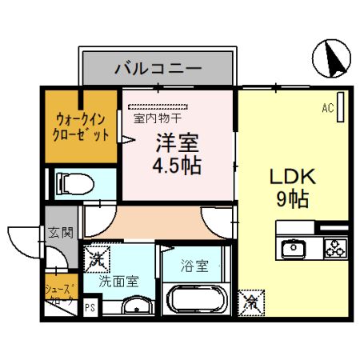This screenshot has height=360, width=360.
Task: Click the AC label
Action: (x=328, y=106)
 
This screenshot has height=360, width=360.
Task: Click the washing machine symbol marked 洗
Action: (x=96, y=258)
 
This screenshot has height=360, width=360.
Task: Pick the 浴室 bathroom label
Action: (x=194, y=263)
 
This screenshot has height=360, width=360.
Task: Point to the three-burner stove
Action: (x=334, y=248)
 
